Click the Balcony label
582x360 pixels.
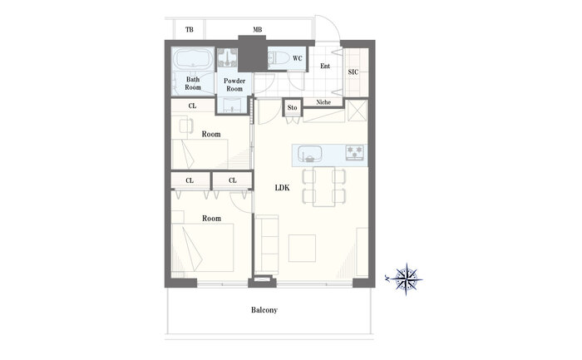point(264,310)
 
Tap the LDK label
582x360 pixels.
point(282,188)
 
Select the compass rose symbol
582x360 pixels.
point(406,279)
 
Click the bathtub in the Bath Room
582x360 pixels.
point(193,59)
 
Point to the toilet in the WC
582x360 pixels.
point(279,58)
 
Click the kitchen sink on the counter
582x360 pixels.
point(309,154)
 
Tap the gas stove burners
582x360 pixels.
point(354,152)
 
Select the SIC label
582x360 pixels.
point(353,72)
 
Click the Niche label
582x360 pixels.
point(323,102)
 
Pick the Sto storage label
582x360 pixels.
point(292,107)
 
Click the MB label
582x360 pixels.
point(258,30)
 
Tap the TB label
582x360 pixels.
point(190,30)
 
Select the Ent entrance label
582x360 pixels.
point(325,66)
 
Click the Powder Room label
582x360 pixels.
point(234,85)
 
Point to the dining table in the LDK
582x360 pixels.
point(324,186)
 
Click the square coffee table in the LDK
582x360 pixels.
point(302,248)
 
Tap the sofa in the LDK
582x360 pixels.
point(267,245)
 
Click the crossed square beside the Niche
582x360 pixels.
point(357,111)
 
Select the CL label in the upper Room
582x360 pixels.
point(192,106)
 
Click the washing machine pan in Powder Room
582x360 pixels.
point(227,57)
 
